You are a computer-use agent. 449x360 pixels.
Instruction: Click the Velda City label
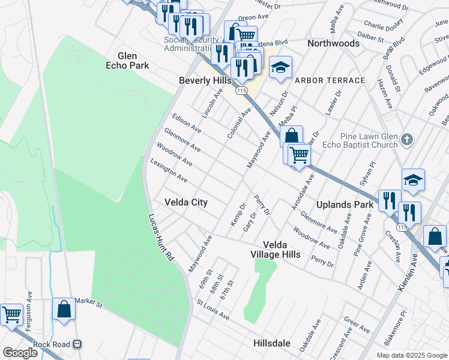click(186, 203)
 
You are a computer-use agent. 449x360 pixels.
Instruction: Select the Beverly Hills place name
click(205, 80)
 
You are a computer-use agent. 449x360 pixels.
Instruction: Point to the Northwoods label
click(333, 43)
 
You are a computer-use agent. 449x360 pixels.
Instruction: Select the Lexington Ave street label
click(169, 170)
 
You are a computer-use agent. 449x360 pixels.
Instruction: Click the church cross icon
click(407, 140)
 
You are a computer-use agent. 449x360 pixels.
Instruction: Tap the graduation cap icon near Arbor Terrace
click(280, 67)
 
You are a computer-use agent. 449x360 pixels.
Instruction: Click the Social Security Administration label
click(189, 44)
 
